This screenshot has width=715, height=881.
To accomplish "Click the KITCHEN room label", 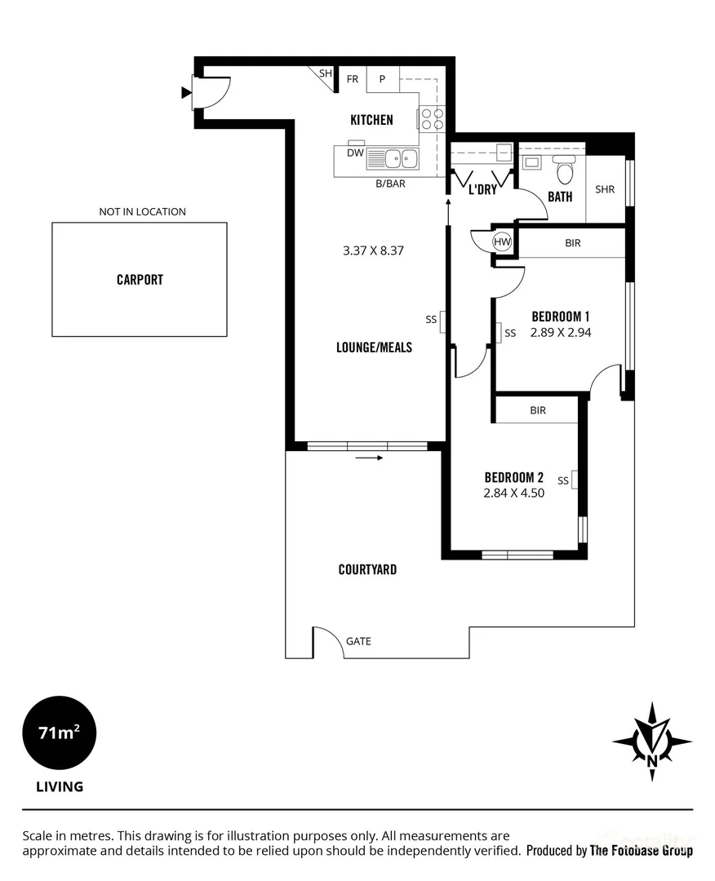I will (371, 120).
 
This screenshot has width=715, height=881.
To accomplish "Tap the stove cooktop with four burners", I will (431, 119).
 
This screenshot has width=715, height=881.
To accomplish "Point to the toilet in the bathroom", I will (563, 170).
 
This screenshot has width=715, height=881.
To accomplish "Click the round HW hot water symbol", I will (503, 242).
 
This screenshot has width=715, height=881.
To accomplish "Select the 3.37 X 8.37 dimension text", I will (374, 250).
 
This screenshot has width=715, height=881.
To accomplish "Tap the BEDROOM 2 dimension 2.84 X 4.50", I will (514, 493).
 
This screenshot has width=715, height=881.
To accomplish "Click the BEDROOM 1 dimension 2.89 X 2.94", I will (561, 332).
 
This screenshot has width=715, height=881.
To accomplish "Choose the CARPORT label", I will (140, 280).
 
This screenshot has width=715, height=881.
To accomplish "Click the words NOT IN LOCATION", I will (143, 211).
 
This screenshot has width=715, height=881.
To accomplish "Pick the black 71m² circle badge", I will (59, 733).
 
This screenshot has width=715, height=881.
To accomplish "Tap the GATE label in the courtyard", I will (358, 641).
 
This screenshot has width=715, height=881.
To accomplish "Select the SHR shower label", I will (605, 189).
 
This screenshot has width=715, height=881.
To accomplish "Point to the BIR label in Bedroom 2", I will (537, 410).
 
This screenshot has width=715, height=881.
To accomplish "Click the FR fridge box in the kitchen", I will (353, 79).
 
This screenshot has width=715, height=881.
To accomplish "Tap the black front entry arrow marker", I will (185, 93).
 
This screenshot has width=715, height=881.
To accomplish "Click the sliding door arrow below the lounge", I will (370, 458).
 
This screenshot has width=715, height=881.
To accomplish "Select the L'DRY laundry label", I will (482, 190).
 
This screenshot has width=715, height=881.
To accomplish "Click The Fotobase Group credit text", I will (641, 851).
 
